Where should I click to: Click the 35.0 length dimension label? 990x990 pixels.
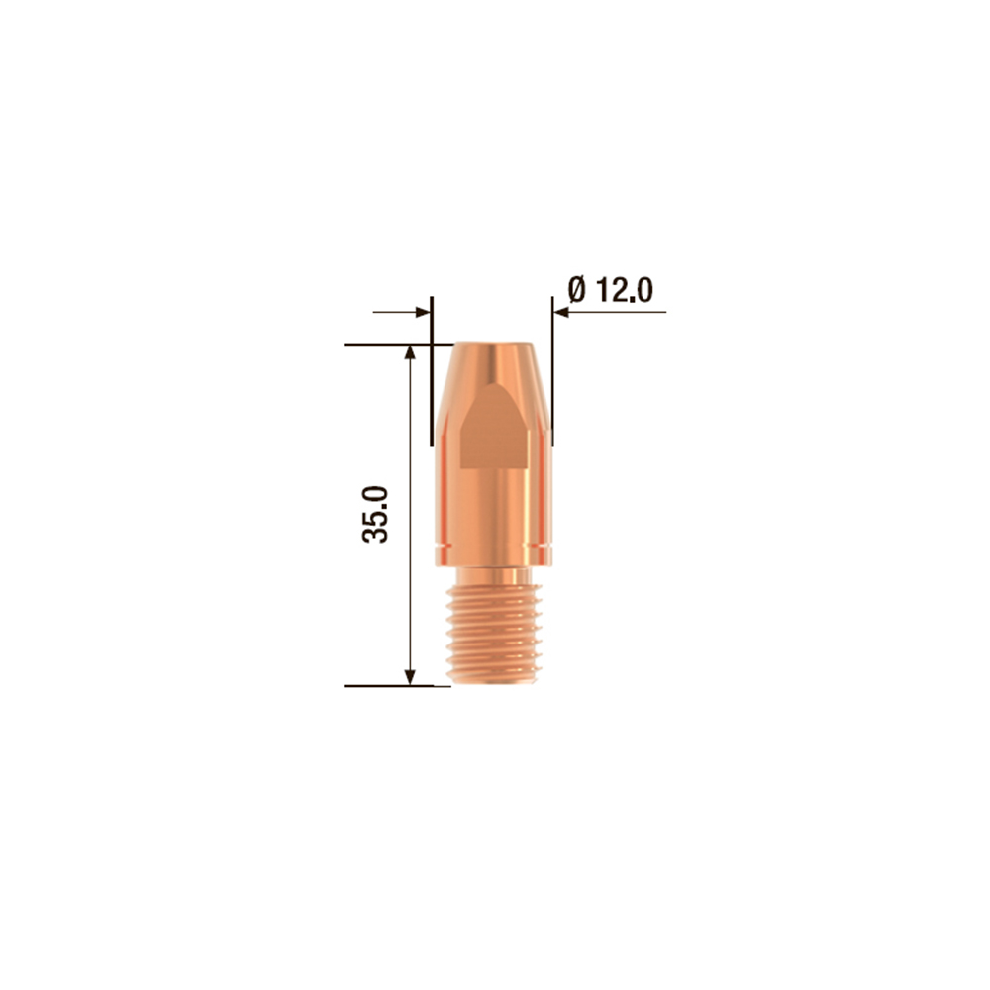click(x=375, y=514)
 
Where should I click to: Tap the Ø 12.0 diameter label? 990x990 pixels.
click(x=611, y=290)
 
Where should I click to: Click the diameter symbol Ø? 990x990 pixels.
click(x=578, y=290)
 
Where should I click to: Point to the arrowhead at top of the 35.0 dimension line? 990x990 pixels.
click(x=411, y=351)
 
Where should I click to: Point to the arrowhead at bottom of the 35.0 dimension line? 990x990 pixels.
click(x=411, y=677)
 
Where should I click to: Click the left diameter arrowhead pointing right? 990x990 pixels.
click(x=423, y=312)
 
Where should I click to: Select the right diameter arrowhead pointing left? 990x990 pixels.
click(x=561, y=312)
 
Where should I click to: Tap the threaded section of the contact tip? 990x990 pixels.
click(x=494, y=633)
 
